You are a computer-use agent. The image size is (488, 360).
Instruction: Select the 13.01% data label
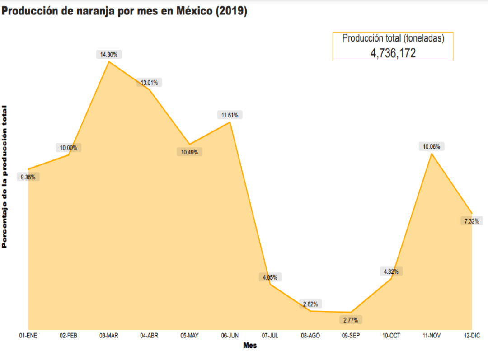click(150, 83)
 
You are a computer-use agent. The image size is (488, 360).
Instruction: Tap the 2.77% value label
click(351, 320)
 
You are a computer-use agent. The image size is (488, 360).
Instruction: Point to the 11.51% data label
click(230, 115)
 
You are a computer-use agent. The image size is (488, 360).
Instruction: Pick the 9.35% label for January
click(28, 177)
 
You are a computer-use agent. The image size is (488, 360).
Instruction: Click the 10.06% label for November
click(432, 146)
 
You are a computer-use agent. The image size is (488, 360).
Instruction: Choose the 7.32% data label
click(472, 221)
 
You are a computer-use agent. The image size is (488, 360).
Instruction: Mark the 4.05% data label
click(270, 277)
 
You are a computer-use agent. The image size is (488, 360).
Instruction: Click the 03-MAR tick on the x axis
click(109, 336)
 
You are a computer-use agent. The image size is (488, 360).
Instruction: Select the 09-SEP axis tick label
click(351, 336)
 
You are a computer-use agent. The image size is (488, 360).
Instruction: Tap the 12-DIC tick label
click(472, 336)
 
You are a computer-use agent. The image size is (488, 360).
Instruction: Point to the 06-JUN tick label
click(230, 336)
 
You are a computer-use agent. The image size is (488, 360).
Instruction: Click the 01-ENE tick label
click(28, 336)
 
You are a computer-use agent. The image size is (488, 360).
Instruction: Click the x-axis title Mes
click(250, 346)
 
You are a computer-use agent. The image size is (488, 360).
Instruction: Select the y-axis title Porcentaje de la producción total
click(5, 176)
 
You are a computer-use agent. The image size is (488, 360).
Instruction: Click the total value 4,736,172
click(393, 53)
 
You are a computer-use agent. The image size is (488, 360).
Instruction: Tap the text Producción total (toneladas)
click(393, 38)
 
